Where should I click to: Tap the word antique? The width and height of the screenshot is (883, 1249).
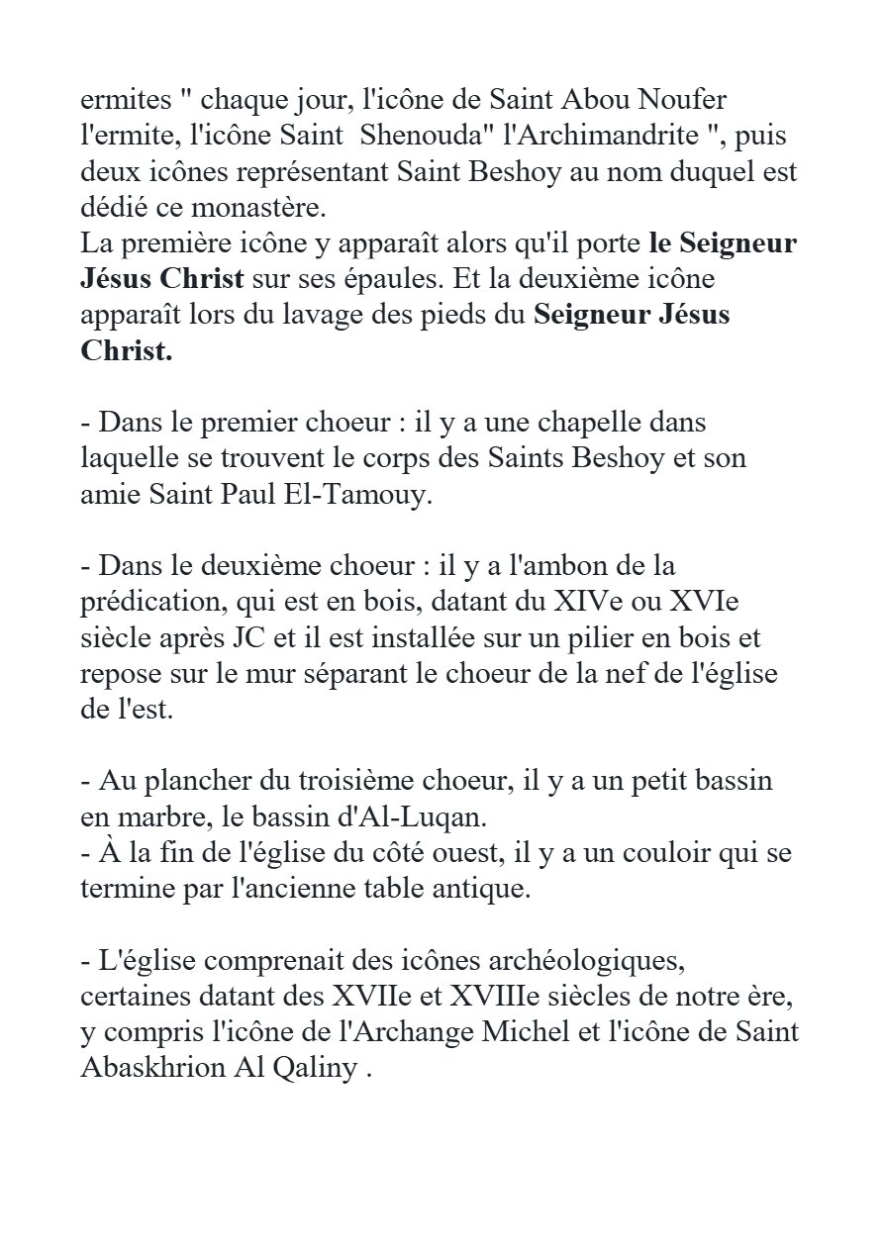coord(475,888)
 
